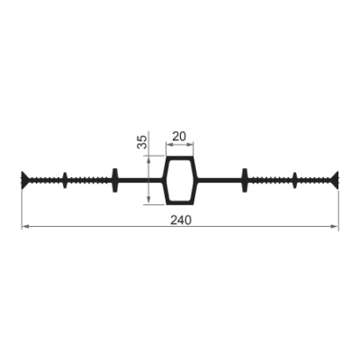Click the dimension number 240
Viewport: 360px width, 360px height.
point(181,220)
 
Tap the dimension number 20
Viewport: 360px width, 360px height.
point(179,137)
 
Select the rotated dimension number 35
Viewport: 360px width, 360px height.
point(142,142)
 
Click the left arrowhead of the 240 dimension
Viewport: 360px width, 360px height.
point(25,227)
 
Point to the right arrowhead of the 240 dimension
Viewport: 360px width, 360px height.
point(335,227)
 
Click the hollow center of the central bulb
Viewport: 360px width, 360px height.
point(180,180)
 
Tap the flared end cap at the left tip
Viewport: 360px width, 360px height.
point(25,180)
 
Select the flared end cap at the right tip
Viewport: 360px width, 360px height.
point(335,180)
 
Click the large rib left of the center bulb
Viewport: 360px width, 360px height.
point(115,180)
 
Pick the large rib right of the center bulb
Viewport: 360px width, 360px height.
point(245,180)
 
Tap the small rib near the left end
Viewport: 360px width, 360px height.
point(65,180)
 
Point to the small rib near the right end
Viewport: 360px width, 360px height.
point(295,180)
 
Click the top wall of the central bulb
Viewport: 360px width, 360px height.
point(180,158)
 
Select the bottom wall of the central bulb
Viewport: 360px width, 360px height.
point(180,202)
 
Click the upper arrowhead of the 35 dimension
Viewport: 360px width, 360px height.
point(148,160)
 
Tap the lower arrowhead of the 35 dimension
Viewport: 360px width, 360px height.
point(148,200)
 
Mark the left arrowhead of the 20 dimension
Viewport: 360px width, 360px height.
point(170,145)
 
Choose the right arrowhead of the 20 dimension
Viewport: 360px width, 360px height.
point(190,145)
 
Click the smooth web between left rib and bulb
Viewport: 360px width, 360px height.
point(139,180)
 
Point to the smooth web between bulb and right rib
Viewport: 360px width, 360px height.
point(220,180)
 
